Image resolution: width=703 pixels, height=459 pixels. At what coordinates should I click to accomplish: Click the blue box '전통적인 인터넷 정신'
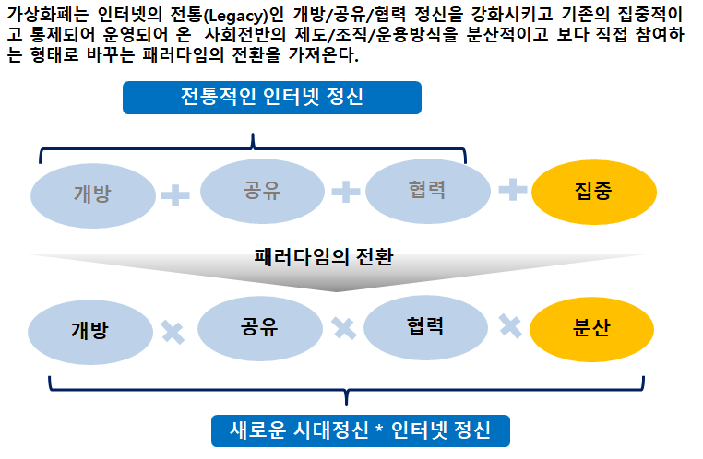(272, 98)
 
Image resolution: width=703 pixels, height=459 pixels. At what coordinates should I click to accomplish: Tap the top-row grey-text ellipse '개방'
(92, 194)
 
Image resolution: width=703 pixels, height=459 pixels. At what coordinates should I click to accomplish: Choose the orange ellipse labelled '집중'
(593, 192)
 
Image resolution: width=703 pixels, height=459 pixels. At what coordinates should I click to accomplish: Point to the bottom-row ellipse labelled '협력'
(425, 326)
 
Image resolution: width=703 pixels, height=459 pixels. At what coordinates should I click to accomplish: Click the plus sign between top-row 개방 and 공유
(175, 194)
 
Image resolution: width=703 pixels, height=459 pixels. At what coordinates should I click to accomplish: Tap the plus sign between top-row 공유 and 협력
(345, 191)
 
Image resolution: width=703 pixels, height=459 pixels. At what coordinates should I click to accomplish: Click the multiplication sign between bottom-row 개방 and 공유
(173, 331)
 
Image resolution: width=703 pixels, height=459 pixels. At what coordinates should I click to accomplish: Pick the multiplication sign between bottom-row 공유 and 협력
(344, 327)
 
